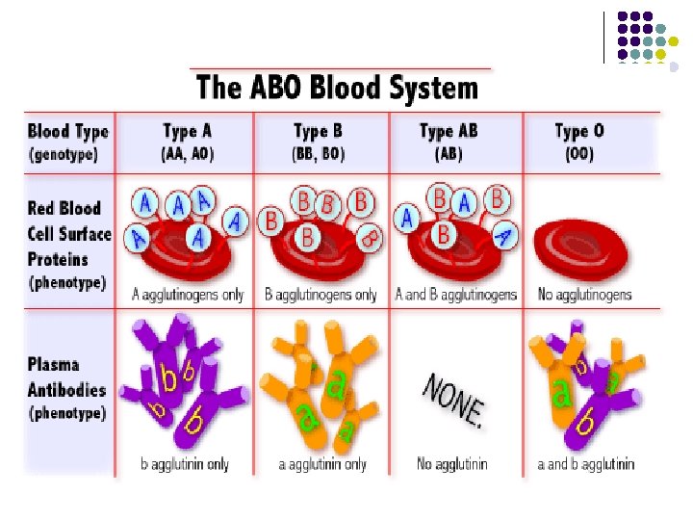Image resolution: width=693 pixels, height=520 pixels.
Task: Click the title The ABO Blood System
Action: (x=337, y=89)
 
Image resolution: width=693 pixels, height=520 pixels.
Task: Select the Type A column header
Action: (x=186, y=131)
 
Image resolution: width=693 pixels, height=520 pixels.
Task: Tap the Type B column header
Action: (x=320, y=131)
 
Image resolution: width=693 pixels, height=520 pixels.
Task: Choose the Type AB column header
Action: (x=449, y=131)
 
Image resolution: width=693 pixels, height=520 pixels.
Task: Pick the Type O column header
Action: (x=579, y=131)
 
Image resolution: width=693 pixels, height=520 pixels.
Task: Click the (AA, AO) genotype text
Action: (x=186, y=154)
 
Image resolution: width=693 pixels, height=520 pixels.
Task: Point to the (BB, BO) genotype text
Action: (x=320, y=154)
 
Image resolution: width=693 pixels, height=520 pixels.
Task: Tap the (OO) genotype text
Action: (x=578, y=154)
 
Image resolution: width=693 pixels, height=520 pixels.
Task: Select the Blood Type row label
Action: (x=67, y=131)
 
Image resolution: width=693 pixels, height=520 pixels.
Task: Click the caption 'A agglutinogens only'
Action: (x=188, y=295)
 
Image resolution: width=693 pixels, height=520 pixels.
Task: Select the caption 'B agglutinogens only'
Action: (x=321, y=295)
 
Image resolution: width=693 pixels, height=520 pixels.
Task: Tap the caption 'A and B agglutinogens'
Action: (x=455, y=295)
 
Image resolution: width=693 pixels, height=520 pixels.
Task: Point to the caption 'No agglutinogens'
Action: (x=583, y=295)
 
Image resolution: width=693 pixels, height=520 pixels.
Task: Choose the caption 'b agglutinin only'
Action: (x=185, y=464)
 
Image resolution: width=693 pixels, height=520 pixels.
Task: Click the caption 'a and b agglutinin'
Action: (x=585, y=464)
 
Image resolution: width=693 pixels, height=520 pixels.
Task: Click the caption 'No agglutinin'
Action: (x=452, y=464)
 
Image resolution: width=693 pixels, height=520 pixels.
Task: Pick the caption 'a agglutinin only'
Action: (x=322, y=464)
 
